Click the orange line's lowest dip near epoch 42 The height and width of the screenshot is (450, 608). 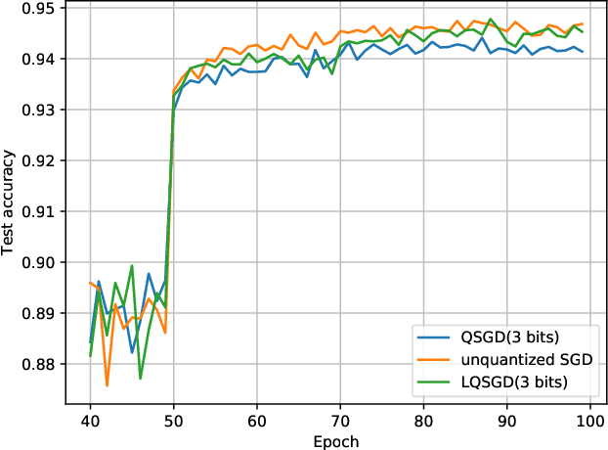pyautogui.click(x=107, y=385)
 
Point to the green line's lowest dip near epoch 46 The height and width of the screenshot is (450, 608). pyautogui.click(x=141, y=379)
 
